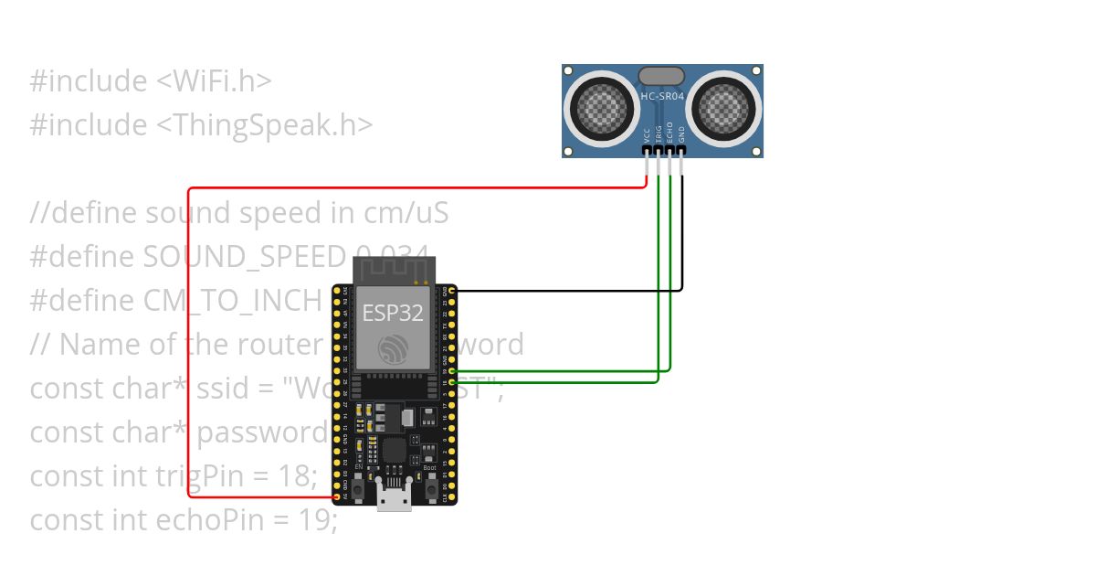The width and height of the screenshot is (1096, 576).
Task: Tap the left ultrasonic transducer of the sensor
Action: [x=601, y=110]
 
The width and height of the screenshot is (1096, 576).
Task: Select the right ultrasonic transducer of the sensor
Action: [x=725, y=110]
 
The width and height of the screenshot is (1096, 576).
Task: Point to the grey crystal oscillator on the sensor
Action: [x=661, y=76]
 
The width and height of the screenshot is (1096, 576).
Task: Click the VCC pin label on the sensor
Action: [x=648, y=133]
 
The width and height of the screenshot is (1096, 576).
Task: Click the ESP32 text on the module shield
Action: [x=393, y=313]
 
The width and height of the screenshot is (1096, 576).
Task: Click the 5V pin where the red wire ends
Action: [x=337, y=497]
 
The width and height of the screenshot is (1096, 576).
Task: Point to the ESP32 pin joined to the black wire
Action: [x=452, y=290]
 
